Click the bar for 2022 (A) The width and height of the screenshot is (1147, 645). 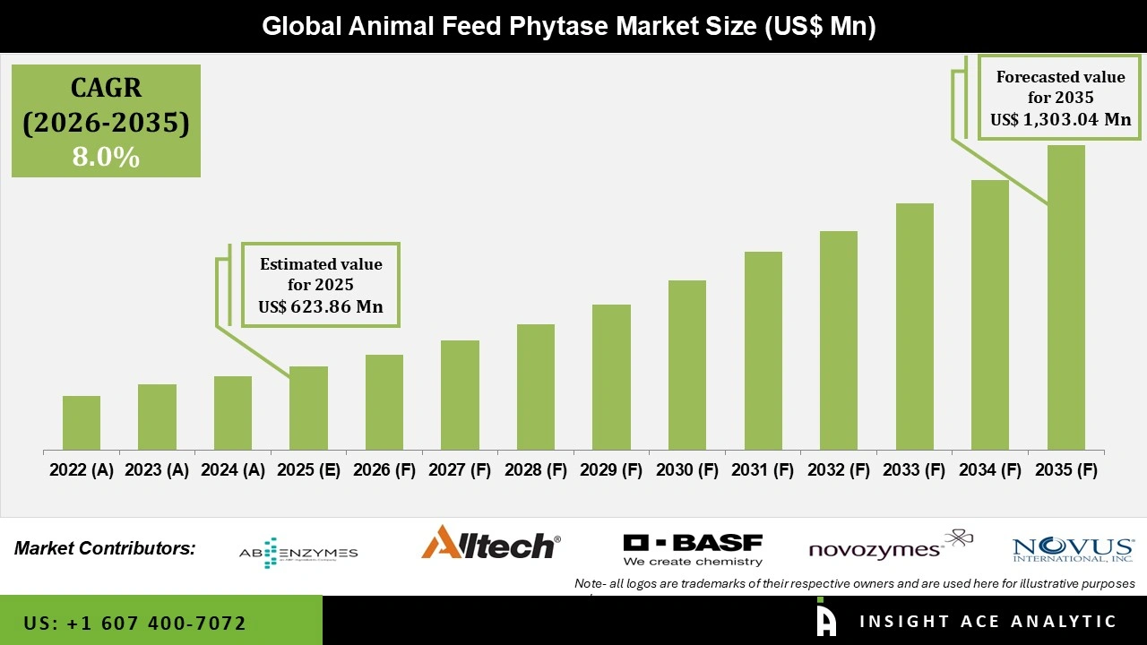click(x=82, y=423)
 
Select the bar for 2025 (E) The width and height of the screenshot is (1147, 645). click(x=308, y=408)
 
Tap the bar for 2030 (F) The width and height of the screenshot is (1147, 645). click(x=687, y=365)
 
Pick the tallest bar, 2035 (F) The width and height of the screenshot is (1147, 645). click(x=1066, y=297)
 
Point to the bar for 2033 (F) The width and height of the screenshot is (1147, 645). click(x=915, y=326)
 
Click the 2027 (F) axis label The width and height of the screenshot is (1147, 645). click(x=460, y=470)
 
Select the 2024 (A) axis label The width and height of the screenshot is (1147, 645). click(x=233, y=470)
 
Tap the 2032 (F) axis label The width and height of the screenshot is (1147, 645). click(x=839, y=470)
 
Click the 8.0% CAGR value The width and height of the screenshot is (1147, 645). click(x=106, y=158)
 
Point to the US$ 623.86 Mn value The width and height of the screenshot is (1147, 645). click(x=321, y=307)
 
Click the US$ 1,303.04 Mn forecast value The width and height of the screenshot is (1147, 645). click(x=1060, y=119)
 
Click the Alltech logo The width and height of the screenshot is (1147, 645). click(x=490, y=543)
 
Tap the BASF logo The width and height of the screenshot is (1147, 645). click(x=693, y=549)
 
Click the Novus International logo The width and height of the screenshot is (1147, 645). click(x=1073, y=549)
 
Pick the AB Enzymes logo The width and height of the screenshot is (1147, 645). click(x=298, y=552)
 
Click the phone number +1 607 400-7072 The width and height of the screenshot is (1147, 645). click(x=135, y=623)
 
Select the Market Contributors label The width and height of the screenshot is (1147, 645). click(x=105, y=547)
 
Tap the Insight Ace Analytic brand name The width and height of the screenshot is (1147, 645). click(x=987, y=622)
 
